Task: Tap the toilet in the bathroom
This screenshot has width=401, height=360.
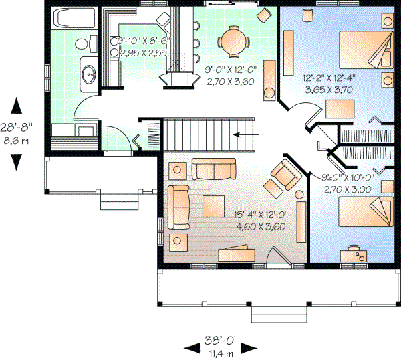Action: [x=82, y=44]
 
